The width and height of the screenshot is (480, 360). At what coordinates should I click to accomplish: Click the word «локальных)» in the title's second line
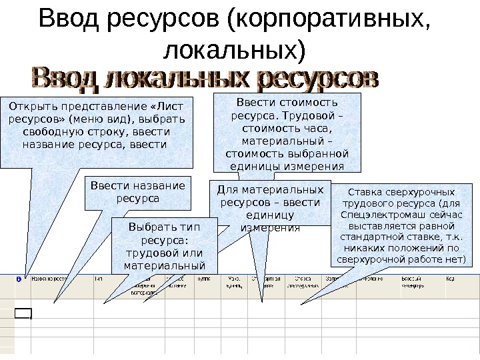tap(239, 49)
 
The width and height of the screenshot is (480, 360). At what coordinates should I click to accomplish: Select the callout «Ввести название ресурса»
tap(137, 192)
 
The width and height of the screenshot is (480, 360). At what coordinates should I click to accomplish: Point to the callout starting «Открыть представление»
tap(97, 130)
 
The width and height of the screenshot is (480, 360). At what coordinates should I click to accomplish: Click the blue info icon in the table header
tap(18, 280)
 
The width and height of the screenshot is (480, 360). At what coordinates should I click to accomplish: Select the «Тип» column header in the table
tap(99, 279)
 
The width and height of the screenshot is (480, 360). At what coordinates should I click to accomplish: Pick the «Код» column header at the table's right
tap(451, 279)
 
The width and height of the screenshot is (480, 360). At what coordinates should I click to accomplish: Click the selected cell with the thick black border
tap(23, 315)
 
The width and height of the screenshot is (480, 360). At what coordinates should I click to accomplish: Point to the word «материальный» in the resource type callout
tap(163, 267)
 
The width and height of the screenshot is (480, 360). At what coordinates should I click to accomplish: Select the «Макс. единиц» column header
tap(235, 283)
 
